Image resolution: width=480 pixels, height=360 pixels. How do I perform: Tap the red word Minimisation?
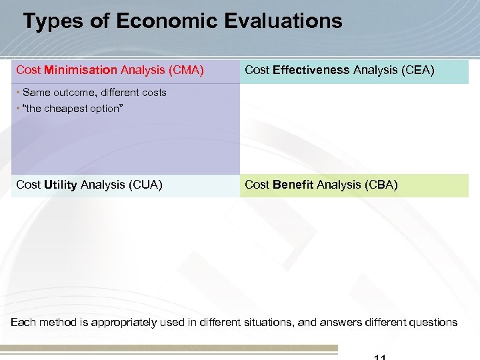(81, 70)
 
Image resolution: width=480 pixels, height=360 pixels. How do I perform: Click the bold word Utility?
(60, 185)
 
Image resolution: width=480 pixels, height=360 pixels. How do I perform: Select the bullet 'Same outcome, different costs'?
(94, 93)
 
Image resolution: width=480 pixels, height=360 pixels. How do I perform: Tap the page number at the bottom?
(379, 357)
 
